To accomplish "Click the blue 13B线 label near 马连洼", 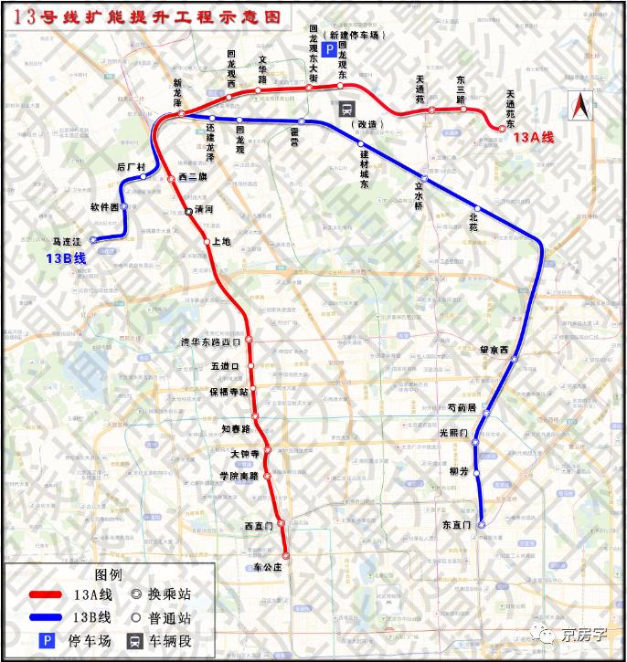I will (x=65, y=259).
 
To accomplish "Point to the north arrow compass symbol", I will (x=579, y=108).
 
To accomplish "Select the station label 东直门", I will (x=455, y=525).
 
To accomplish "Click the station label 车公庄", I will (x=270, y=567).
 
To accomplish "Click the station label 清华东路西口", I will (x=211, y=342).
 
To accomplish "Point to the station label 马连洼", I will (x=68, y=241).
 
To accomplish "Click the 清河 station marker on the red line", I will (x=189, y=211).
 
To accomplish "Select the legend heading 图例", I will (x=108, y=575).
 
